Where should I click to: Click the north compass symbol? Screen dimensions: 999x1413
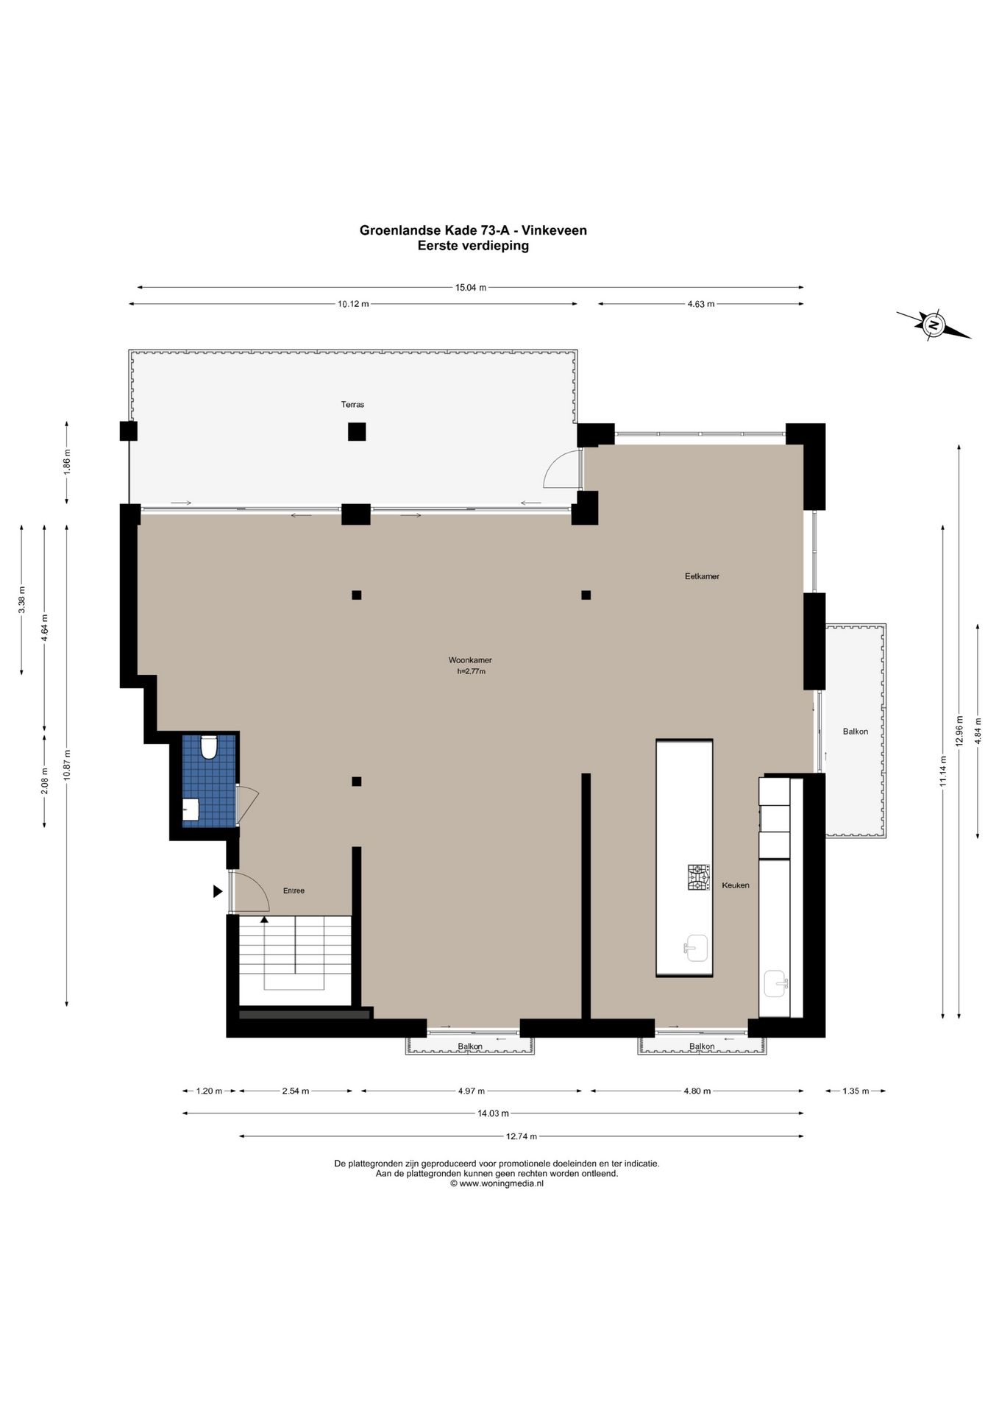click(934, 325)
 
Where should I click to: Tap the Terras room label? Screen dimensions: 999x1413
click(352, 405)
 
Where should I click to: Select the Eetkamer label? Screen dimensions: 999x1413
click(702, 576)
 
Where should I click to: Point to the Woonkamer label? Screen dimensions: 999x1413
click(470, 660)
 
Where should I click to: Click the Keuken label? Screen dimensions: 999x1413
click(736, 885)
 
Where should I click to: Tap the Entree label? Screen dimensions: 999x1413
click(294, 890)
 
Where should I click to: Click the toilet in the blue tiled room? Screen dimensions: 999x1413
click(209, 747)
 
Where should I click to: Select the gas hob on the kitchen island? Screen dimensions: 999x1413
click(699, 877)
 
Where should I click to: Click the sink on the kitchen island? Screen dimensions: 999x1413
click(695, 948)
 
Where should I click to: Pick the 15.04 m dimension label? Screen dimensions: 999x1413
click(471, 288)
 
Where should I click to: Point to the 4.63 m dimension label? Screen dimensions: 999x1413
click(701, 304)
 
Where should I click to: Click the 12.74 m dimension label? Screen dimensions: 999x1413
click(522, 1136)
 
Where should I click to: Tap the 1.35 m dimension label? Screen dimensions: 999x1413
click(856, 1091)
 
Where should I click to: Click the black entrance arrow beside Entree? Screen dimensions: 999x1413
click(218, 891)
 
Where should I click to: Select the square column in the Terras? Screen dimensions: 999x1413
click(357, 431)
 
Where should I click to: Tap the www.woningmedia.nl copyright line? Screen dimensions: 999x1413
click(497, 1183)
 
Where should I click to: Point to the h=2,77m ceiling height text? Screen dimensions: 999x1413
click(471, 671)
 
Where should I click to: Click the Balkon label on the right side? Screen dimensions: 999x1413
click(856, 732)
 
